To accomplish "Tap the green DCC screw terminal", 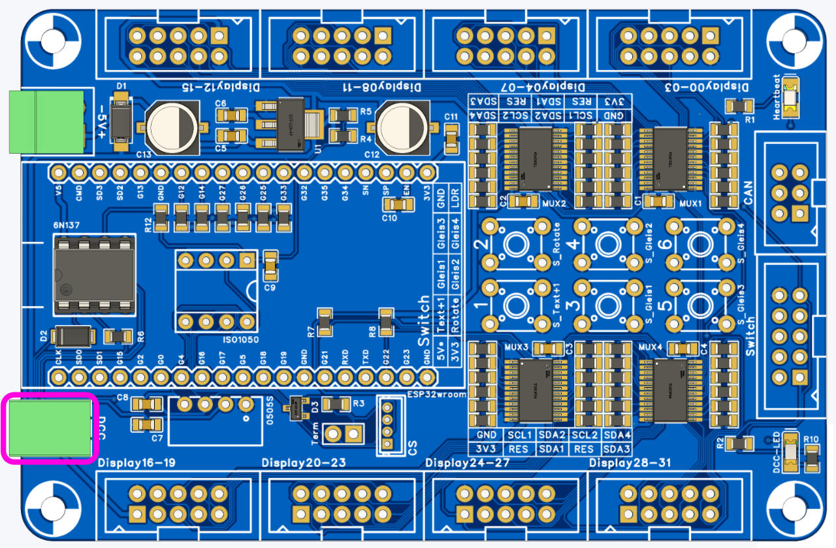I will coord(50,428).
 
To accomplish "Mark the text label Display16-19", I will coord(137,464).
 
